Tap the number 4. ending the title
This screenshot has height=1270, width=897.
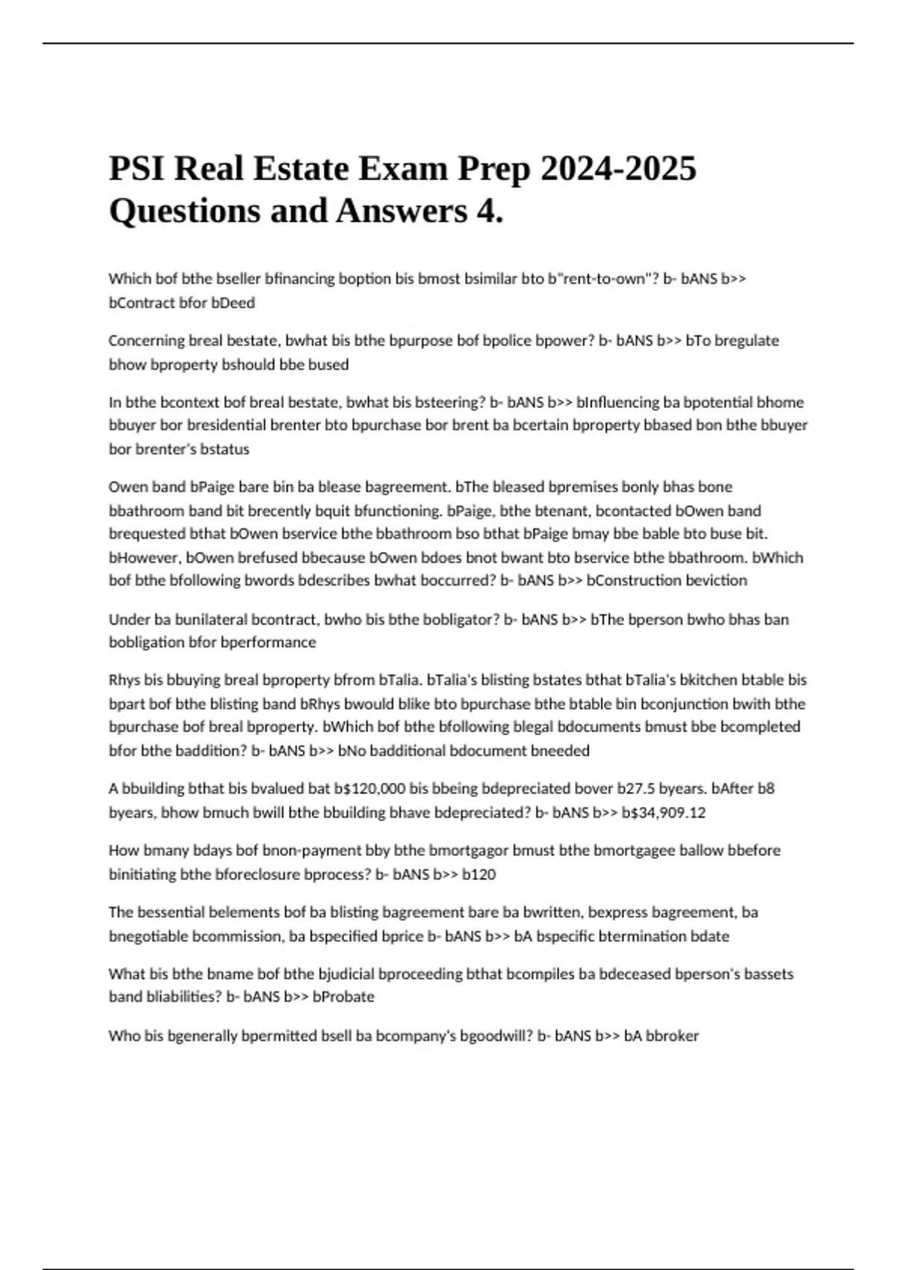tap(490, 211)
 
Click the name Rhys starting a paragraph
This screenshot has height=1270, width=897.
tap(125, 680)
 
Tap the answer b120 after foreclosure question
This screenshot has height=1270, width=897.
tap(479, 874)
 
